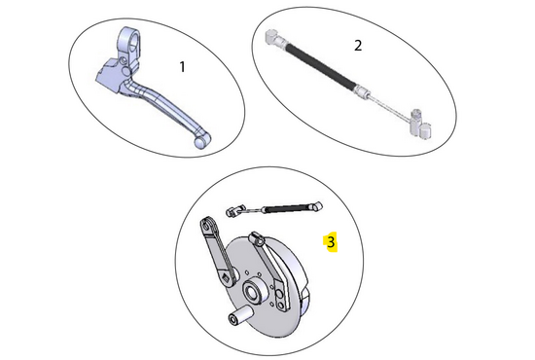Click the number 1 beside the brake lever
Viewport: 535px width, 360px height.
[x=181, y=67]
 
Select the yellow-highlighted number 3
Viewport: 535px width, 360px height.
[x=331, y=241]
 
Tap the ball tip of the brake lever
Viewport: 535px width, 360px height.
[x=201, y=142]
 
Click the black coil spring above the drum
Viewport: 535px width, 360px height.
[x=289, y=207]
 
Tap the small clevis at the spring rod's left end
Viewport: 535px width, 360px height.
[x=233, y=210]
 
